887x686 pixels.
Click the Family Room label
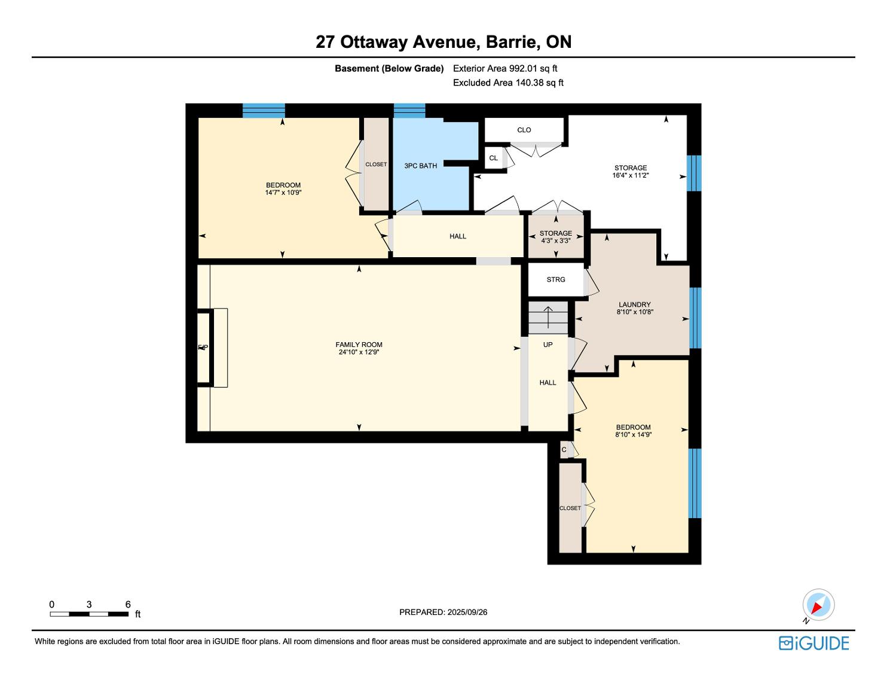(x=359, y=344)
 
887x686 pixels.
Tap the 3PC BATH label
(x=420, y=166)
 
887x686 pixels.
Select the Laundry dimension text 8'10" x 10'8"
(x=635, y=312)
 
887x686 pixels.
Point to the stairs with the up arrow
(x=548, y=318)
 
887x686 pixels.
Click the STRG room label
(x=556, y=279)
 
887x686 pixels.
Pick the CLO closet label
(x=524, y=130)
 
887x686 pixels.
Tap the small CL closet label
(x=494, y=158)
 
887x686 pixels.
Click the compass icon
(x=818, y=605)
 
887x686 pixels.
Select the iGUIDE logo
(x=814, y=643)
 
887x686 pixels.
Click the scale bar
(x=89, y=614)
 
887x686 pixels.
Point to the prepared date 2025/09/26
(x=467, y=612)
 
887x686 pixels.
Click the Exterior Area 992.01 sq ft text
(x=505, y=69)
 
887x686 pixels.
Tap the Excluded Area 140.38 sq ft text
(x=508, y=83)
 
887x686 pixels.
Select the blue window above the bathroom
(x=409, y=111)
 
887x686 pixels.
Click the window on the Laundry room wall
(x=695, y=318)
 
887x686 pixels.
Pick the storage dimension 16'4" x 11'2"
(x=631, y=176)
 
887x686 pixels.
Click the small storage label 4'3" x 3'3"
(x=555, y=241)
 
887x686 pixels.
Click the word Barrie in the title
(x=512, y=42)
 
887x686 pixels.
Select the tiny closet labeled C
(x=564, y=450)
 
